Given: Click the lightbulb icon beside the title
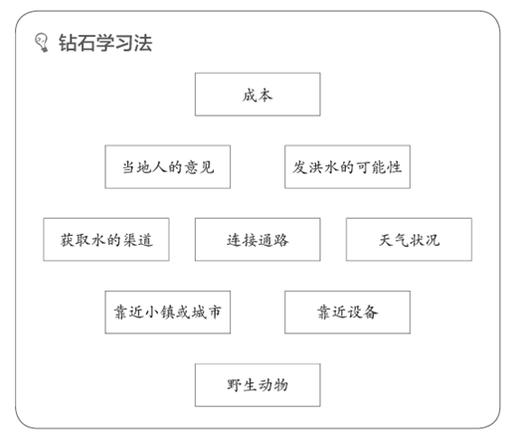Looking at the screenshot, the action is pos(42,43).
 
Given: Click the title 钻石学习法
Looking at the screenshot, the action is pos(105,43).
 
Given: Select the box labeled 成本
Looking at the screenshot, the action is pos(258,95).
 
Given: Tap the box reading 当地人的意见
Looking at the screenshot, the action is pos(168,167).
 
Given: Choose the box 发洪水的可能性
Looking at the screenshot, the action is pos(347,167).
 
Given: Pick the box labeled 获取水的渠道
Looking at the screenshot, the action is pos(106,240).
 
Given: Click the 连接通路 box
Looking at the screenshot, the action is pos(258,240).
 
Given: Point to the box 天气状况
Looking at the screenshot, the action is pos(409,240).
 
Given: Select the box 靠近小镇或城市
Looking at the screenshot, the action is pos(168,313).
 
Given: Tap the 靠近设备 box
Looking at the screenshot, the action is pos(347,313).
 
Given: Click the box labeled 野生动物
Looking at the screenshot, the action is pos(258,385).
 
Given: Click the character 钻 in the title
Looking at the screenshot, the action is pos(68,43).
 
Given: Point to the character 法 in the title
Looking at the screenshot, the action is pos(143,43).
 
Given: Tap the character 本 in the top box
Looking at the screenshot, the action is pos(265,96).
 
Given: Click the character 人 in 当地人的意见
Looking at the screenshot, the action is pos(153,167).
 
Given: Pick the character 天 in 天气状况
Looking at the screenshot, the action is pos(386,240).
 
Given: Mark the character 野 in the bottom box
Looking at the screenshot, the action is pos(234,385).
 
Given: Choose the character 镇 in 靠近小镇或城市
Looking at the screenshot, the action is pos(168,313).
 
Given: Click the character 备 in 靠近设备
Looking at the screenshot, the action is pos(371,313).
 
